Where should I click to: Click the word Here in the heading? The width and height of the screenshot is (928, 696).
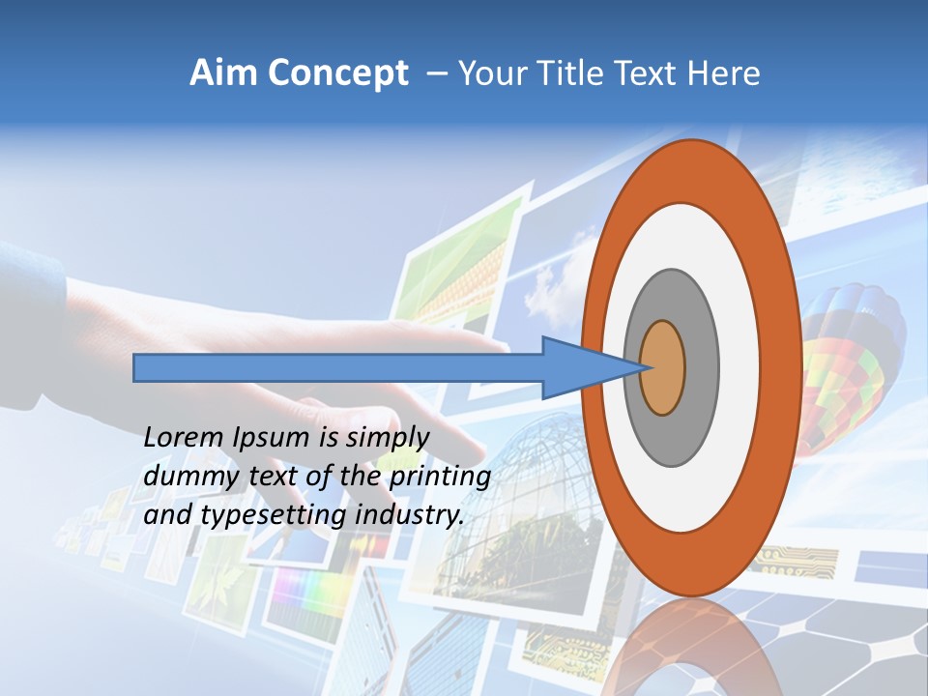(725, 73)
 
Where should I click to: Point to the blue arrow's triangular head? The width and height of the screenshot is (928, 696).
(580, 367)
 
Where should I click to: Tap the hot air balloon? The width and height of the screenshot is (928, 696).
(851, 367)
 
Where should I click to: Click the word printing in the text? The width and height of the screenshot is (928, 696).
(439, 477)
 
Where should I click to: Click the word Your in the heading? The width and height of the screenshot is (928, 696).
(489, 73)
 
